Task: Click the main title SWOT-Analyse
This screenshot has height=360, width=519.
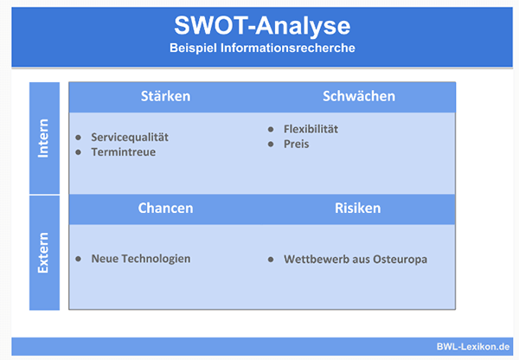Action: click(x=262, y=26)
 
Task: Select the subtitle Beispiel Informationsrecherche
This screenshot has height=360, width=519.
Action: click(x=262, y=48)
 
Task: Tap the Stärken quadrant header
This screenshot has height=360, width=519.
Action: click(x=165, y=96)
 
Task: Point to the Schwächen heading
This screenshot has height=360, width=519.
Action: click(x=359, y=96)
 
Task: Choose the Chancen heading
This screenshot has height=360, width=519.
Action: click(x=165, y=208)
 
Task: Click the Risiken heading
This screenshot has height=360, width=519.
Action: click(x=358, y=208)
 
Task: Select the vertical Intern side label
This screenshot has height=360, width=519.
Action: click(x=43, y=138)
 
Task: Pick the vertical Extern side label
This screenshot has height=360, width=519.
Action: click(x=43, y=253)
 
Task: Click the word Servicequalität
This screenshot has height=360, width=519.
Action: click(x=130, y=138)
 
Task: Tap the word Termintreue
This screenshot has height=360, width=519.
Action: click(x=124, y=152)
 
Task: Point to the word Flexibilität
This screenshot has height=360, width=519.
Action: click(x=311, y=129)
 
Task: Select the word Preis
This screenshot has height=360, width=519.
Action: click(x=296, y=144)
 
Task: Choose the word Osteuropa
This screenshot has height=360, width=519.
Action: click(x=400, y=260)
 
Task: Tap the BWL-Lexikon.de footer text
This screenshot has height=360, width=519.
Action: click(x=472, y=347)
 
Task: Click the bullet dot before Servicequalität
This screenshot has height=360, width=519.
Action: click(x=79, y=138)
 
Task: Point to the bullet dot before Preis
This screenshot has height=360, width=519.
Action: click(x=271, y=144)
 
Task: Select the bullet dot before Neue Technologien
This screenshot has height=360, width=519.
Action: click(x=79, y=259)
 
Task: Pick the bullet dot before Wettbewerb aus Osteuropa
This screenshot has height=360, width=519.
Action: click(x=271, y=260)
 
